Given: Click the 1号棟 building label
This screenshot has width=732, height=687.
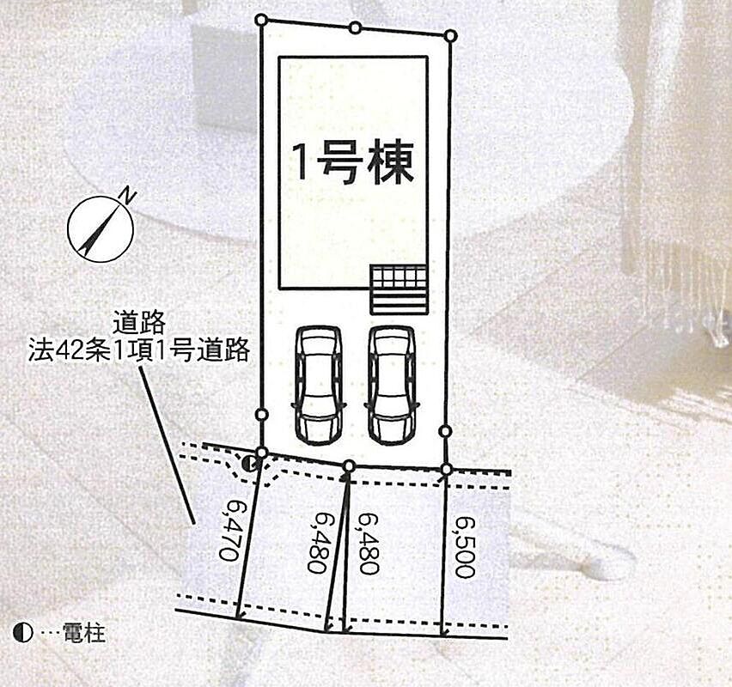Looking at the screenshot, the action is [x=353, y=163].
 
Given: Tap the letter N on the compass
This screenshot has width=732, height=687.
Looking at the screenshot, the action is [x=127, y=195].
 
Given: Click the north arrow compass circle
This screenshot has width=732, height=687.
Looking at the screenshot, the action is [x=101, y=228].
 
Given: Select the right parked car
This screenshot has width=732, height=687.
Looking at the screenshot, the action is [x=392, y=384].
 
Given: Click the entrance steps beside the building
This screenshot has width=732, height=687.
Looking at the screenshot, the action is [x=400, y=289].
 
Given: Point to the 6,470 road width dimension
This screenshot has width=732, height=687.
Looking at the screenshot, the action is [x=229, y=530].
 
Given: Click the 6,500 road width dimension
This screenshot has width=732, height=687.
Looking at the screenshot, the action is [x=464, y=546].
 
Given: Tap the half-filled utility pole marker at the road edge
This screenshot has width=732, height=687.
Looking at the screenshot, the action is [x=250, y=464].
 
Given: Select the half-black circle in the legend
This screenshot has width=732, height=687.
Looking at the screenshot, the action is [x=23, y=634].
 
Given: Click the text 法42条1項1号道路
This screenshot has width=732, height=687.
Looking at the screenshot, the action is [x=138, y=351].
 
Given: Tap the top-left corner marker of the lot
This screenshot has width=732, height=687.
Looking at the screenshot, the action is [x=261, y=20].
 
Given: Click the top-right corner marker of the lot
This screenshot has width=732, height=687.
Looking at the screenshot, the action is [x=450, y=35].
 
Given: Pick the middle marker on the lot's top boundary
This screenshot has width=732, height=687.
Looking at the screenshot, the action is [x=356, y=28].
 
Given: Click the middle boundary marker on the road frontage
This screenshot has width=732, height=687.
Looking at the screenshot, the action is [x=349, y=465].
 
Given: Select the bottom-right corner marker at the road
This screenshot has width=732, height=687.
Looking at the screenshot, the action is [x=447, y=469].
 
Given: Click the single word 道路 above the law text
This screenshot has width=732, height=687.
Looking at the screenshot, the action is [x=139, y=323].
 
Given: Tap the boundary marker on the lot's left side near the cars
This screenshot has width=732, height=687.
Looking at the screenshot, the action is [x=262, y=414].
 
